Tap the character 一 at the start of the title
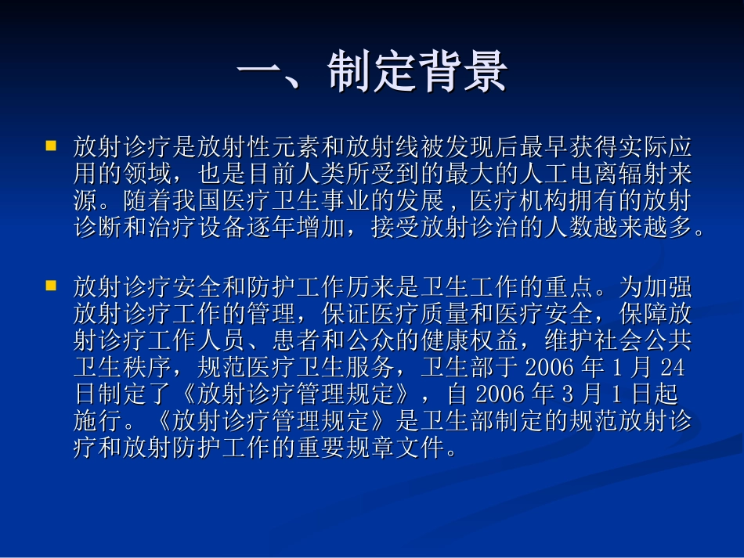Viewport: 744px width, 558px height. pos(262,73)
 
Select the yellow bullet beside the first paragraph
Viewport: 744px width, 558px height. pos(52,146)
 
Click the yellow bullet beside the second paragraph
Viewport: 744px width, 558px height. pos(52,286)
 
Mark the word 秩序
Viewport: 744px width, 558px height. pos(149,369)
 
